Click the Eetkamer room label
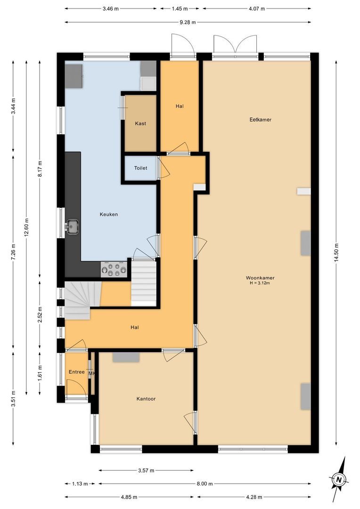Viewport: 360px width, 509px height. click(260, 120)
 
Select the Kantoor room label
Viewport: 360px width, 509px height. click(146, 399)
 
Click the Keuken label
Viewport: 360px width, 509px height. click(108, 214)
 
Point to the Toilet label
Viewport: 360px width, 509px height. click(140, 168)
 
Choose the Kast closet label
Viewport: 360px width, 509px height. click(140, 123)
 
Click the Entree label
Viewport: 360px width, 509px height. click(76, 372)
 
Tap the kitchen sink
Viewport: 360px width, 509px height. click(72, 226)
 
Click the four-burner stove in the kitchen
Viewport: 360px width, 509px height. click(114, 270)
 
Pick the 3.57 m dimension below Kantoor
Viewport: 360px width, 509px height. click(146, 470)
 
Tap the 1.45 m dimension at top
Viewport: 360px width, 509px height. click(180, 8)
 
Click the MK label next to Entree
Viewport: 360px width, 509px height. click(92, 373)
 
